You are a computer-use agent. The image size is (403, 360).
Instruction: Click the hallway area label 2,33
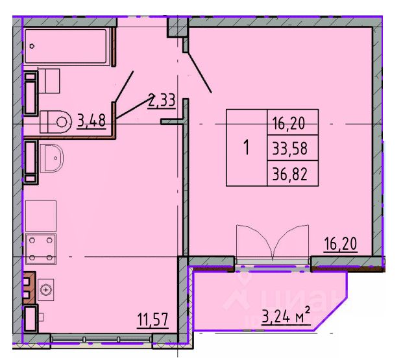[162, 101]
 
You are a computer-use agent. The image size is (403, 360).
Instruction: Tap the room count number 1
[247, 148]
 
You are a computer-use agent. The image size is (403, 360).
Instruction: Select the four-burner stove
[40, 247]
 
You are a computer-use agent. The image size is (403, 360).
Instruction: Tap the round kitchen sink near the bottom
[45, 290]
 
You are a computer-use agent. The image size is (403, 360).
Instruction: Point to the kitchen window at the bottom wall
[101, 339]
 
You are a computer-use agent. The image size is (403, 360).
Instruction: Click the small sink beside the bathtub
[51, 81]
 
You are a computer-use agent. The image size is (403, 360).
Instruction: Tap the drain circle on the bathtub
[32, 46]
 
